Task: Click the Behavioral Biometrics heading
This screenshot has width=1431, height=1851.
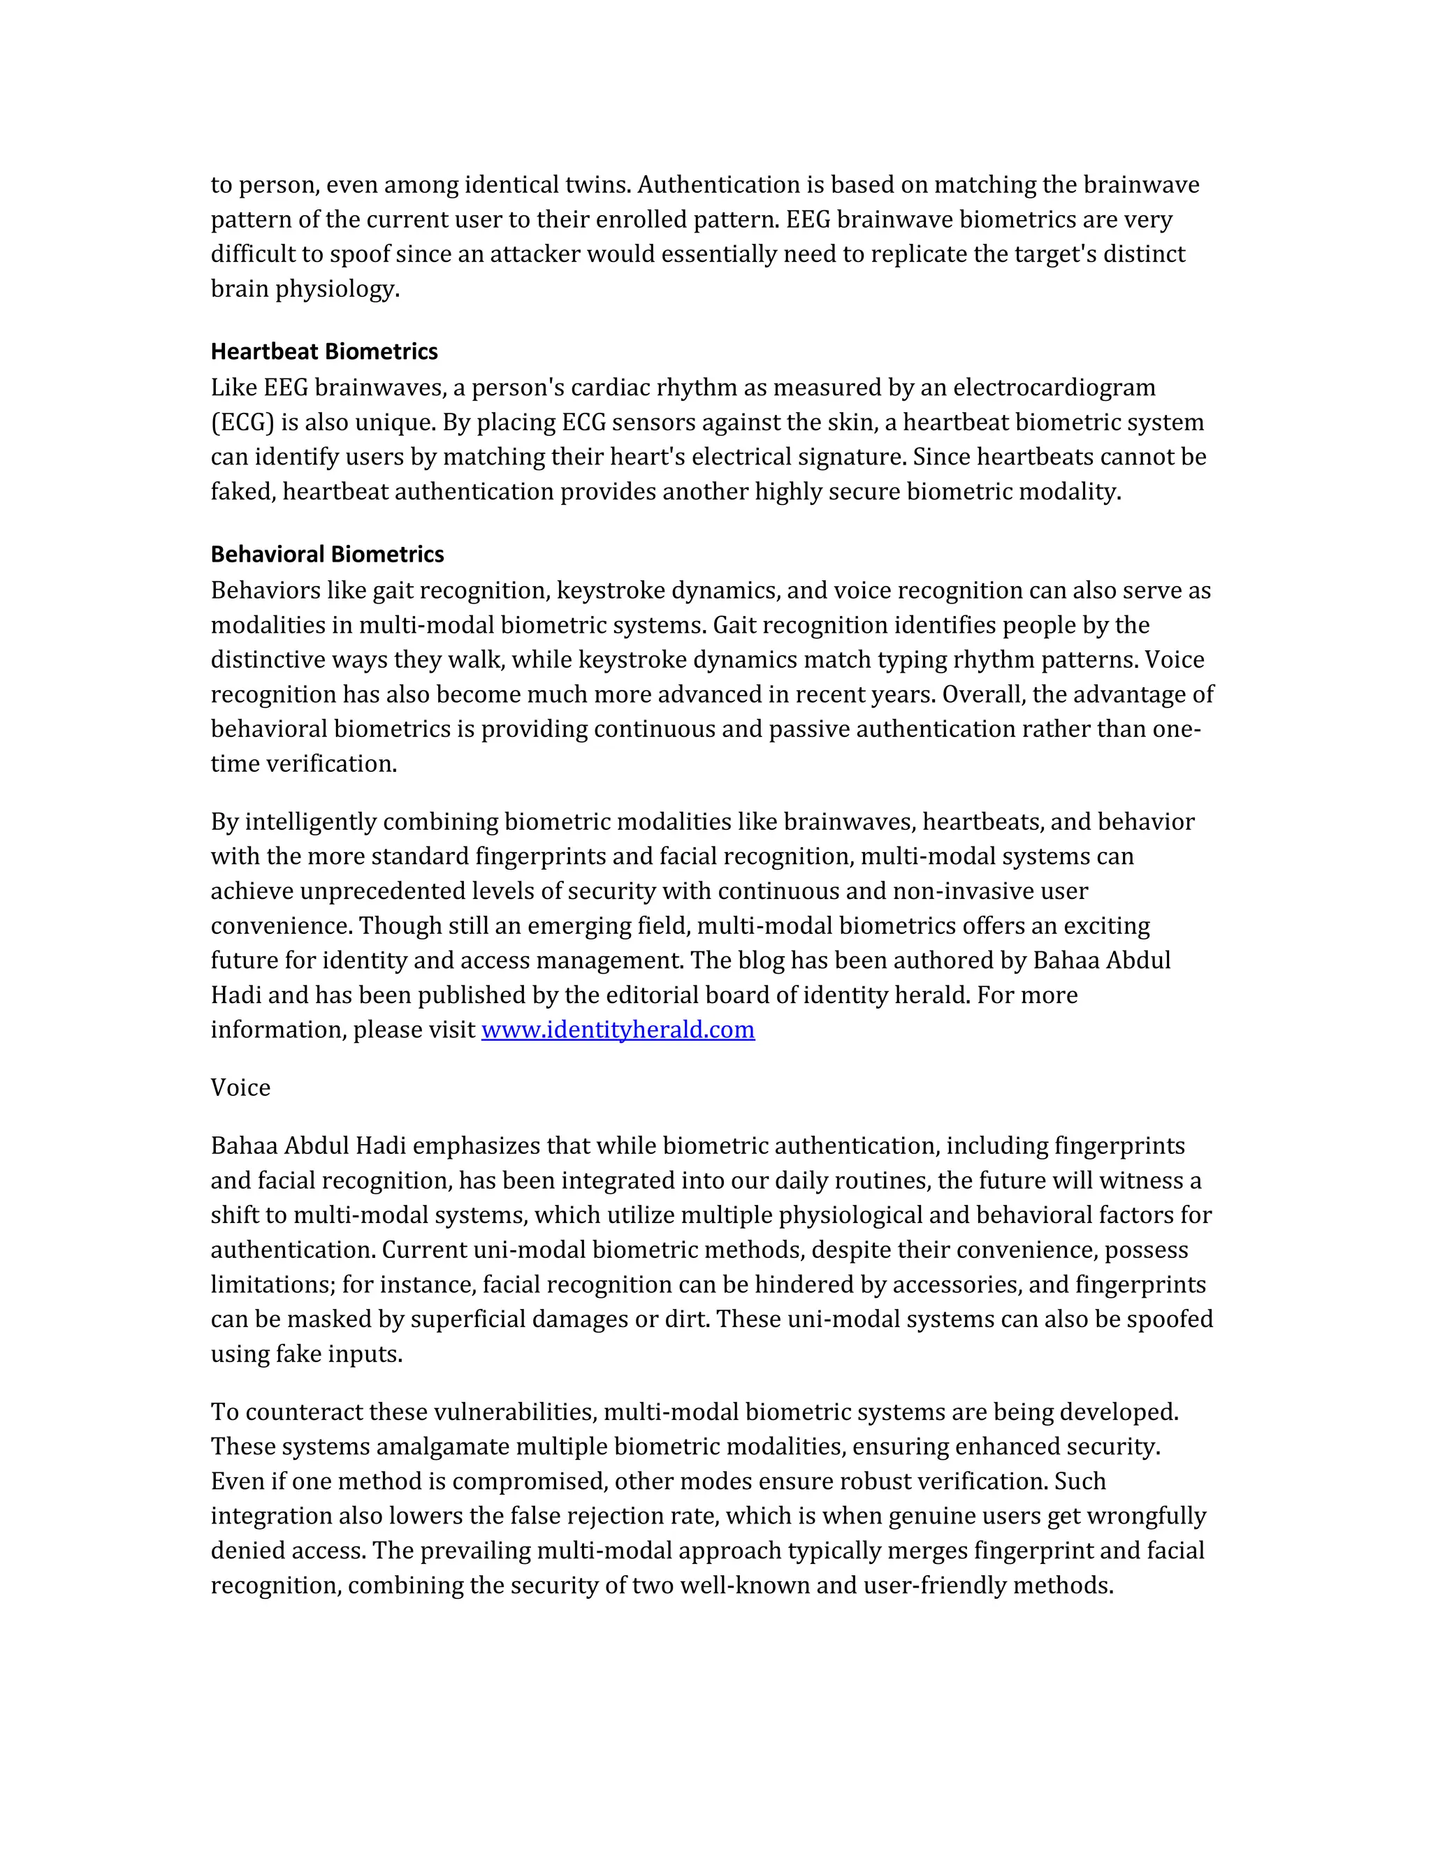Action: (x=327, y=555)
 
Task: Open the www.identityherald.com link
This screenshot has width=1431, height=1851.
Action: (x=617, y=1030)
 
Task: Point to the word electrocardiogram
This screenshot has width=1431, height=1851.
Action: (x=1054, y=388)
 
